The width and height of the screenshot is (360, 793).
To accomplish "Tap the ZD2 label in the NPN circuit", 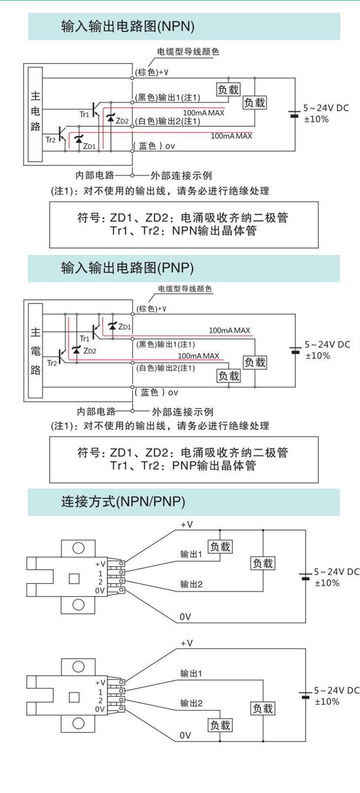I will (122, 121).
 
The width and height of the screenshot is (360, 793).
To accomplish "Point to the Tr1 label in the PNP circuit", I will (85, 338).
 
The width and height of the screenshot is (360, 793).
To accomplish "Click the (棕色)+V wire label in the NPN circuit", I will (152, 72).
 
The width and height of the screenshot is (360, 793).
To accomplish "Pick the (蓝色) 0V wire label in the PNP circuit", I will (157, 392).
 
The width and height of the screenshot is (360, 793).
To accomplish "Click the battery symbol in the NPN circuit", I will (294, 114).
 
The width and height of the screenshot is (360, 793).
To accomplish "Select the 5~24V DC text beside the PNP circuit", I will (327, 344).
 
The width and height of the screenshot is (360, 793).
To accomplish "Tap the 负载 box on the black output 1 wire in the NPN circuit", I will (228, 90).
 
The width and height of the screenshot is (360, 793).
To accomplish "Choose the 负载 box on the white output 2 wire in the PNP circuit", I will (229, 376).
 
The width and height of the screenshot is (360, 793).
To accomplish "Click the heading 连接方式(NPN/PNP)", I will (123, 501).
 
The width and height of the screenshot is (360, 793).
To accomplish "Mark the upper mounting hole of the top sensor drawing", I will (78, 548).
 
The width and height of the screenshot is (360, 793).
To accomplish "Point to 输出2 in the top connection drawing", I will (191, 584).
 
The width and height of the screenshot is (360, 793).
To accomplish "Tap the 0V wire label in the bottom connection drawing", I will (185, 735).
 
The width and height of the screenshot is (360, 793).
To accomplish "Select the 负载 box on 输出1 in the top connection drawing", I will (220, 547).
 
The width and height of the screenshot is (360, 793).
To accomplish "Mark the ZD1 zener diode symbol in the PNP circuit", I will (113, 326).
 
